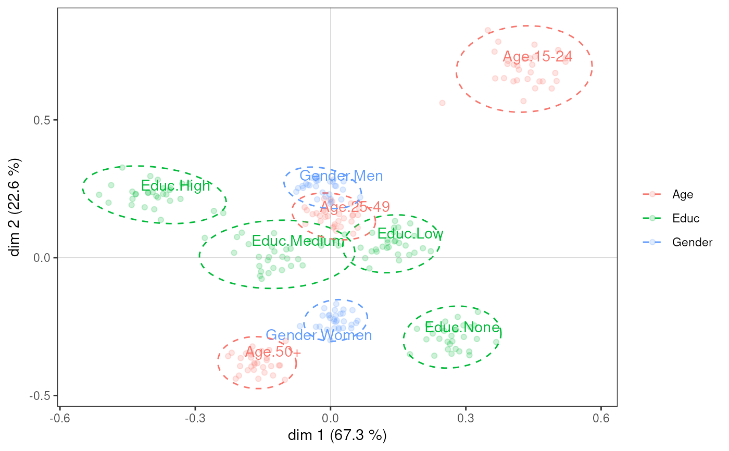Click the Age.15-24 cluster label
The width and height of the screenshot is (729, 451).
[x=537, y=57]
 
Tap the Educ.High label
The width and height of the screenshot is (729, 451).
[x=175, y=186]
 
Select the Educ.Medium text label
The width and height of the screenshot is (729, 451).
[x=298, y=241]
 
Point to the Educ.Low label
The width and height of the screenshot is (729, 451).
[x=410, y=234]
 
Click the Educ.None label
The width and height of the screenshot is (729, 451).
[x=462, y=328]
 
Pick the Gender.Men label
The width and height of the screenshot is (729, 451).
[x=341, y=176]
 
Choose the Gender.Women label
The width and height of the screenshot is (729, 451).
[x=319, y=335]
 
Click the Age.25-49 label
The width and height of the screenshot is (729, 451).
[x=355, y=207]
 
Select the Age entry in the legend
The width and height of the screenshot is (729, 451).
[x=683, y=194]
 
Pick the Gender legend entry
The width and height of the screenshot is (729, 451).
[x=692, y=242]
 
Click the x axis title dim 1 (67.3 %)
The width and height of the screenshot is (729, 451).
[x=337, y=435]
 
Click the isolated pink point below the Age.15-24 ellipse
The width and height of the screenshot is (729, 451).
[x=442, y=103]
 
